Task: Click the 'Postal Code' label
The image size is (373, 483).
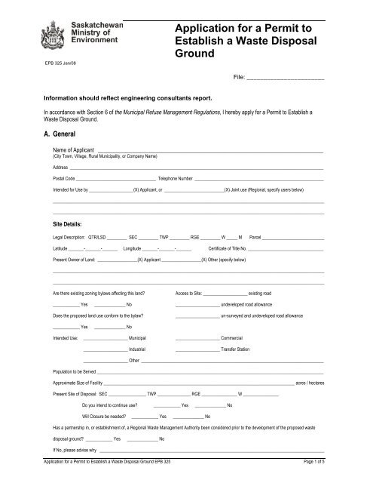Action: [x=63, y=178]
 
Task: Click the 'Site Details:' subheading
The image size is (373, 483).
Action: [x=67, y=224]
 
